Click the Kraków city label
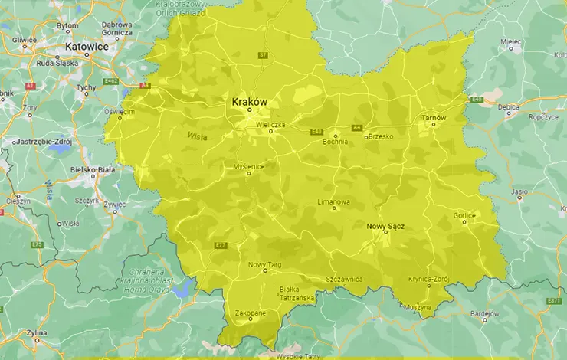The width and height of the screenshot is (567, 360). click(x=249, y=101)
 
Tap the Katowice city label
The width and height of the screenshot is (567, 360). click(x=87, y=47)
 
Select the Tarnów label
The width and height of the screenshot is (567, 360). click(x=433, y=118)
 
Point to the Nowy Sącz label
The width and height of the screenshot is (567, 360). click(x=385, y=227)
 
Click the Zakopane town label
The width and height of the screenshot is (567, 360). click(x=251, y=313)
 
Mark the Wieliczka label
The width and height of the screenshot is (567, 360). click(x=270, y=123)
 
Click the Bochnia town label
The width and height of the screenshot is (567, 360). click(x=335, y=141)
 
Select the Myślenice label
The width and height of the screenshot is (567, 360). click(x=249, y=165)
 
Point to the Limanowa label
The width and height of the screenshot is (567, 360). click(x=333, y=201)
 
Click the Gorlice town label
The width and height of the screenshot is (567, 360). click(x=464, y=216)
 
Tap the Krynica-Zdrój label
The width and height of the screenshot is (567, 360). click(x=428, y=279)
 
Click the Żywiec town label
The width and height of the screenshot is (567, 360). click(x=114, y=205)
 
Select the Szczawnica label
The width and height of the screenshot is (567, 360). click(x=343, y=280)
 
